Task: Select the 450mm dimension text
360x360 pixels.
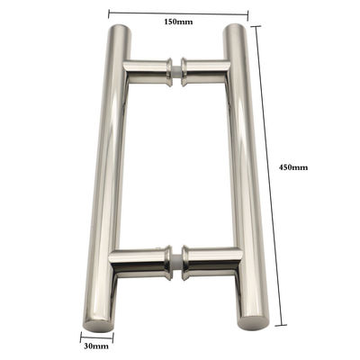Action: [293, 167]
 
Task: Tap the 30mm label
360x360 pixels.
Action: [96, 345]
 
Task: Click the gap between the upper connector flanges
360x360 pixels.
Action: [177, 70]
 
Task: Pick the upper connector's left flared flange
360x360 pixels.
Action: [169, 69]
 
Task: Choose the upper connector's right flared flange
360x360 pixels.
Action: [186, 71]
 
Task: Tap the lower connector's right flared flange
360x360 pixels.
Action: [186, 260]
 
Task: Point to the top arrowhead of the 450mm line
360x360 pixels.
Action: [259, 27]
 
